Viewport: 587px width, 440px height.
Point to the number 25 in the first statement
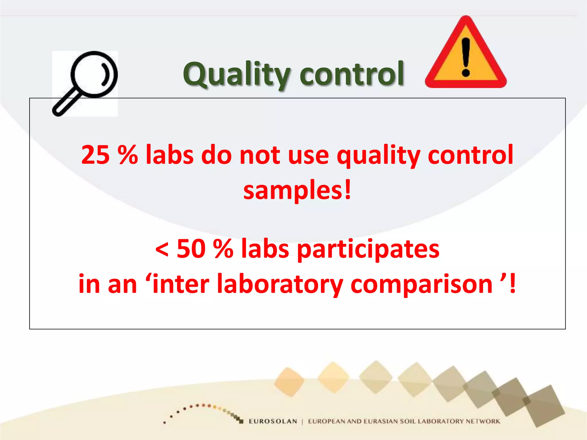(x=95, y=155)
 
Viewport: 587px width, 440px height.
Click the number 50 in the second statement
(x=191, y=249)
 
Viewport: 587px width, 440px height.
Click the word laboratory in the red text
(x=280, y=284)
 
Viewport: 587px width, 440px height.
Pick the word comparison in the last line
(x=421, y=284)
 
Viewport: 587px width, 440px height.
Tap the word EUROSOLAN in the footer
(x=273, y=421)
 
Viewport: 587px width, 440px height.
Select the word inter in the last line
(x=181, y=284)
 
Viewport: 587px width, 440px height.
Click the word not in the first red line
(x=260, y=155)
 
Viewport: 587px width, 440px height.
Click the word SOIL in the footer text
(x=408, y=421)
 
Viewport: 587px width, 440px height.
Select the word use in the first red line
(x=308, y=155)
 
